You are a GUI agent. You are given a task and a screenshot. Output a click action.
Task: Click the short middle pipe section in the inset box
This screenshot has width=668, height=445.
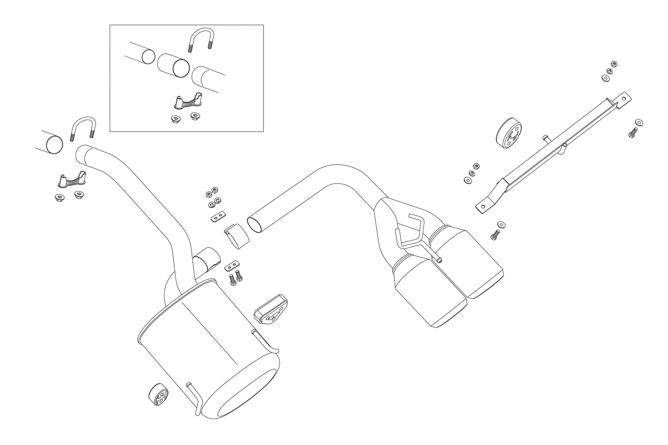(173, 65)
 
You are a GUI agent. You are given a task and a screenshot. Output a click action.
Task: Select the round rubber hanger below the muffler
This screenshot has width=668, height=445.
(159, 394)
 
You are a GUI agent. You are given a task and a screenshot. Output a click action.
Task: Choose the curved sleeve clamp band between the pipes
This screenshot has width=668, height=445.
(236, 236)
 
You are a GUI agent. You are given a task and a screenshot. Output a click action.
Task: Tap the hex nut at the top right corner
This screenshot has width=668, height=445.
(613, 64)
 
